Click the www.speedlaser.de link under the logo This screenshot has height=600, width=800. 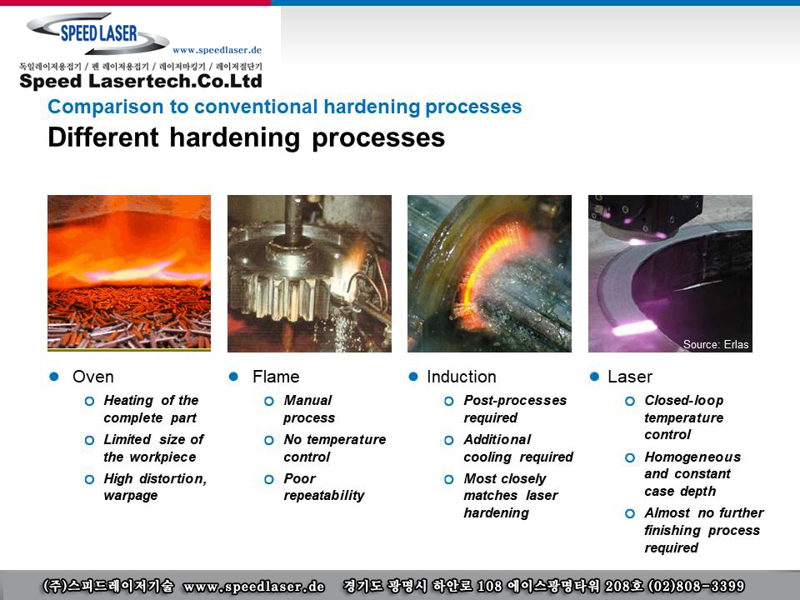pos(217,50)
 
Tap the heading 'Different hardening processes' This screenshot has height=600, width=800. pos(247,137)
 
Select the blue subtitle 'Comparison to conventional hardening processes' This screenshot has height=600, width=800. pos(285,107)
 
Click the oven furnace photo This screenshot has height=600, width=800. pos(129,273)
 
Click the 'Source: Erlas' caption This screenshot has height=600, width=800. pos(716,344)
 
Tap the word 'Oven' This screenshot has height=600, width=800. pos(92,377)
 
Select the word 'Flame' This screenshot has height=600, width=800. pos(276,377)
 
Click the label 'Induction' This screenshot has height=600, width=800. pos(461,377)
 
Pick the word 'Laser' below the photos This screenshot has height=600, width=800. pos(630,377)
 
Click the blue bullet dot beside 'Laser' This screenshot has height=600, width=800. pos(594,377)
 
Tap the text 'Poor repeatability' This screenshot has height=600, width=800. pos(324,487)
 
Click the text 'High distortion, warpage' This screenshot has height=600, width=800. pos(155,487)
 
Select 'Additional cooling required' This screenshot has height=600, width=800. pos(518,448)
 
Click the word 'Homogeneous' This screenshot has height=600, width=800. pos(692,457)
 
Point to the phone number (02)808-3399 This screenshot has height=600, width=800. pos(696,586)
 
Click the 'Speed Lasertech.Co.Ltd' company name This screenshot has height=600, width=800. pos(141,81)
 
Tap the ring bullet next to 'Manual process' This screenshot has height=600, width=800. pos(269,401)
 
